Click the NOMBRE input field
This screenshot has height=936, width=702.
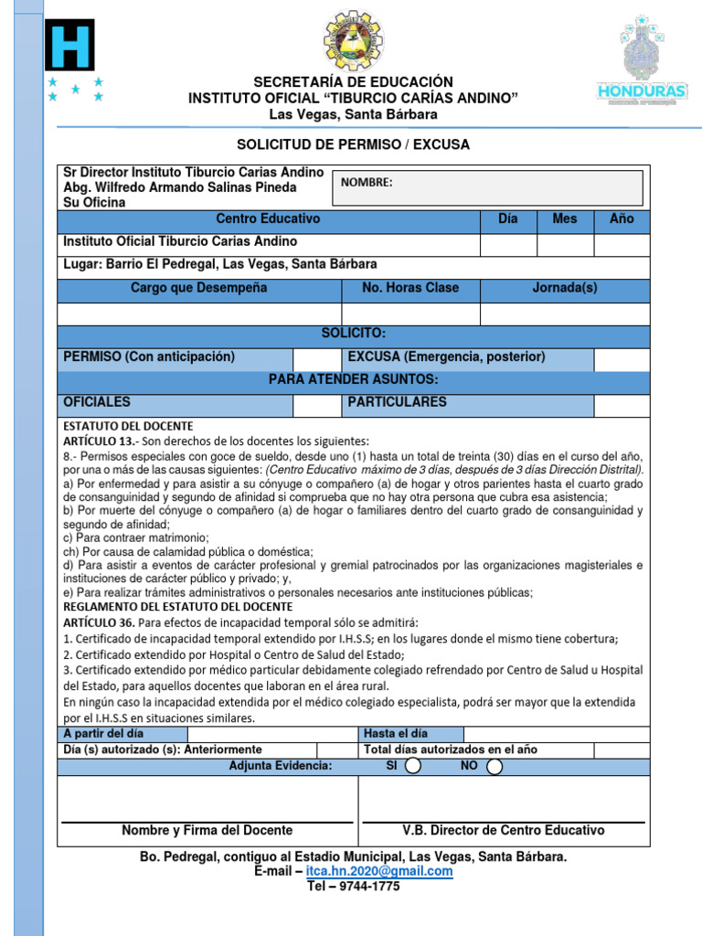pos(487,187)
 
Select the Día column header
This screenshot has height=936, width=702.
pos(508,220)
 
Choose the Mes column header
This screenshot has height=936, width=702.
pos(565,220)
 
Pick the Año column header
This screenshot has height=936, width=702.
pos(622,220)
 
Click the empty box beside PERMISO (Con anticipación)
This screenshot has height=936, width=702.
pos(316,359)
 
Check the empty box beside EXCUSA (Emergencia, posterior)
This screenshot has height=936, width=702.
pos(622,359)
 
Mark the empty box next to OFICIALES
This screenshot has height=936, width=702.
pos(316,405)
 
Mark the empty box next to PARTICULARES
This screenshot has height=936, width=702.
pos(622,405)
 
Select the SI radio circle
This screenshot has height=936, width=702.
pos(413,766)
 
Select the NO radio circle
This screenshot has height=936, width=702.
pos(495,766)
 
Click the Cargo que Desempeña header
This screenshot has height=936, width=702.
pos(198,289)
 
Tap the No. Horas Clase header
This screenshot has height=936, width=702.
pos(410,289)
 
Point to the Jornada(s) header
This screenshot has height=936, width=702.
pos(565,289)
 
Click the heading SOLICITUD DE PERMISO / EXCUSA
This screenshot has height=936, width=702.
pos(353,145)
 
